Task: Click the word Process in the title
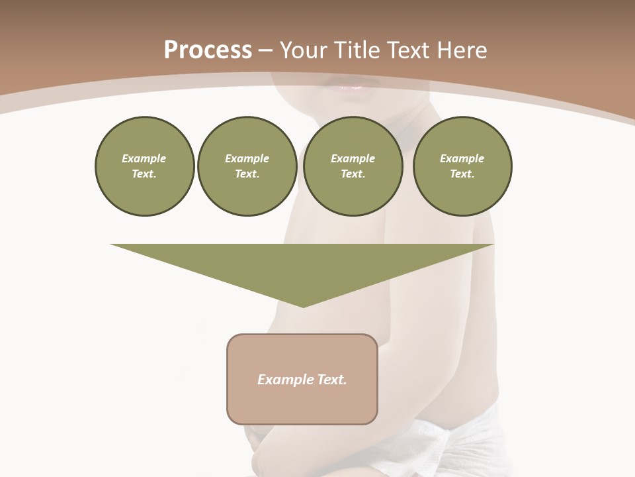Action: tap(208, 50)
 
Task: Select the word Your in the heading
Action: tap(304, 50)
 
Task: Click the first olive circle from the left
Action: tap(144, 166)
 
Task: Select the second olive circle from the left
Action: tap(247, 166)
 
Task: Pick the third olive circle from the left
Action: tap(353, 166)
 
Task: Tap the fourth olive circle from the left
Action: tap(462, 166)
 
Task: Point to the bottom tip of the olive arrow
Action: tap(303, 306)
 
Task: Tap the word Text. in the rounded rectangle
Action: tap(333, 380)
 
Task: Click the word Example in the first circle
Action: tap(144, 158)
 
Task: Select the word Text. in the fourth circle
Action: tap(462, 174)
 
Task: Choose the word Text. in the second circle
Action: tap(247, 174)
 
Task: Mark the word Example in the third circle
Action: tap(353, 158)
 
